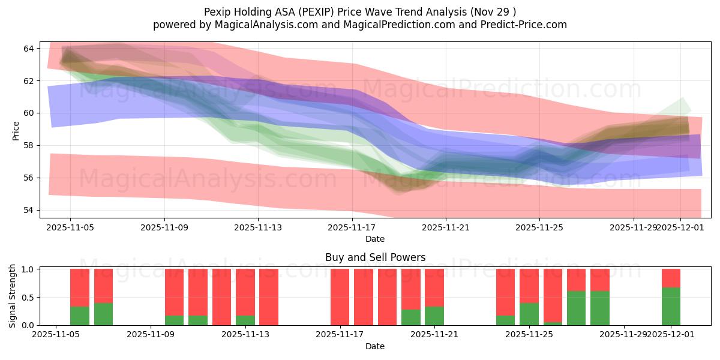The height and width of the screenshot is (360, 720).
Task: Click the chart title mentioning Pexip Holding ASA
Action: coord(359,11)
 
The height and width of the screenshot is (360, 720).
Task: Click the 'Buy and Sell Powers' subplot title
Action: coord(375,257)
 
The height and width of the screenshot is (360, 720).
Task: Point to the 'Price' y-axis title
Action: coord(16,130)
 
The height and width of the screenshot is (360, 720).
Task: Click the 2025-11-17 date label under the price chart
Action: coord(352,227)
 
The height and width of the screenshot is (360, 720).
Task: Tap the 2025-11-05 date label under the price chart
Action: coord(70,227)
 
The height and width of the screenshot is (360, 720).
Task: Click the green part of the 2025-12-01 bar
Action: coord(671,306)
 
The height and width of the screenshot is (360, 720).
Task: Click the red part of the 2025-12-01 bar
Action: coord(671,278)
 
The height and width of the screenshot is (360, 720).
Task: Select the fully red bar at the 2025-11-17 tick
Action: coord(340,297)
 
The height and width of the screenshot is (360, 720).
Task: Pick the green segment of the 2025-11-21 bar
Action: coord(434,316)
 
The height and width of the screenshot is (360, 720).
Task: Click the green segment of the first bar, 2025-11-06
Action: coord(80,316)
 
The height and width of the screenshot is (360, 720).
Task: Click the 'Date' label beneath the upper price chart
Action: coord(375,239)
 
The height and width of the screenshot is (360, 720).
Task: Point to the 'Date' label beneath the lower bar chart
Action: coord(375,346)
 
